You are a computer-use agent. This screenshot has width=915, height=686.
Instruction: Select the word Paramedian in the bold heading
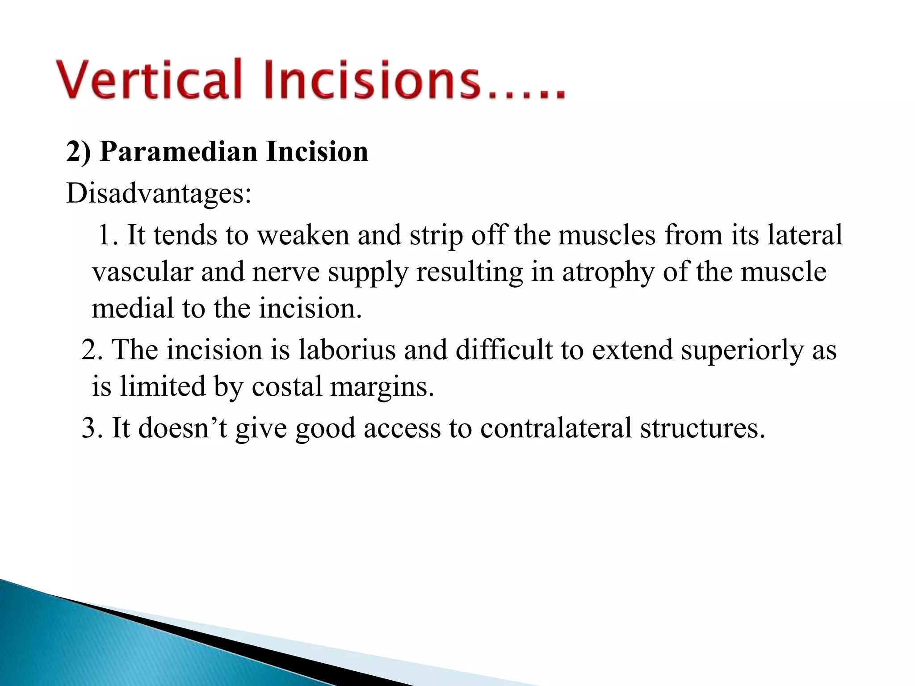coord(179,152)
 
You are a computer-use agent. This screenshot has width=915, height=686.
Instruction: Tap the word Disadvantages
coord(159,194)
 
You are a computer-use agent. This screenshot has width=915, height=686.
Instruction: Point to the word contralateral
coord(556,428)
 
